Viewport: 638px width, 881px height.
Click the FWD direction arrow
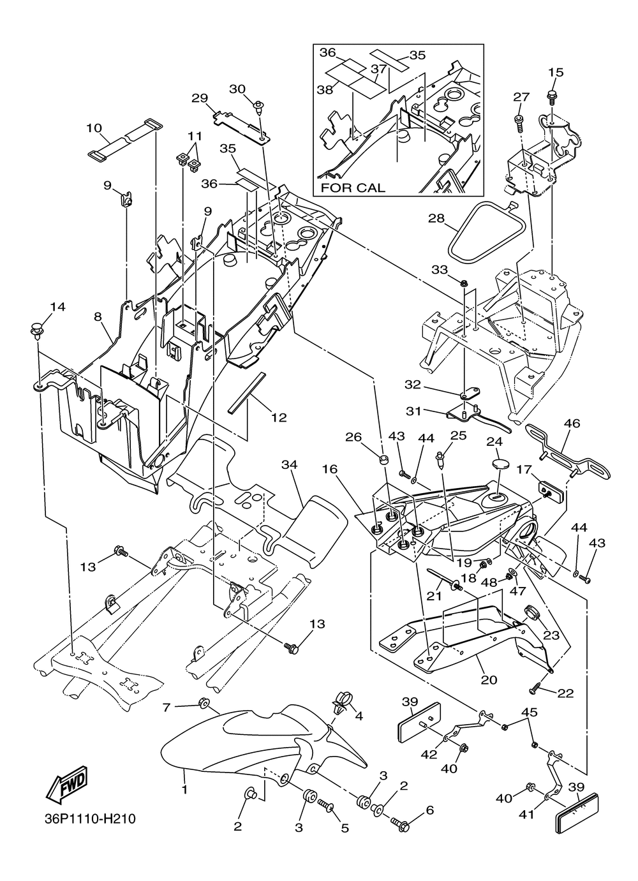[x=66, y=787]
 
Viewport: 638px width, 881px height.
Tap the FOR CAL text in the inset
[x=352, y=188]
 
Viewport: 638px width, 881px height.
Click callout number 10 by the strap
[x=94, y=128]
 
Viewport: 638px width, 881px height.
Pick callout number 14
[x=57, y=307]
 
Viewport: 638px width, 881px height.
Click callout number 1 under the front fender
[x=184, y=790]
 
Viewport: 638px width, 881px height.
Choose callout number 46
[x=572, y=422]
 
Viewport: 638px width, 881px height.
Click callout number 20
[x=489, y=680]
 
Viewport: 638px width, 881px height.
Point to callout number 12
[x=279, y=418]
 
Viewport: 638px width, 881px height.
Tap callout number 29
[x=200, y=98]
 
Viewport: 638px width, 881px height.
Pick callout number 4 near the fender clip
[x=359, y=716]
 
